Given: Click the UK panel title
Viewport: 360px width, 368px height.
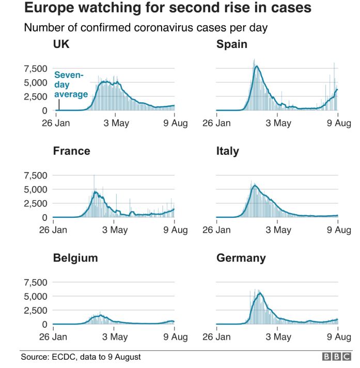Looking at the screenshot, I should point(61,44).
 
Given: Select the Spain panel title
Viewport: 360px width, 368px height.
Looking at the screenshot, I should point(232,44).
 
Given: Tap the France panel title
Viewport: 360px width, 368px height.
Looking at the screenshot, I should point(72,151).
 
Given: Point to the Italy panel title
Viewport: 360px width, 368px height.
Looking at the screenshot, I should point(228,151).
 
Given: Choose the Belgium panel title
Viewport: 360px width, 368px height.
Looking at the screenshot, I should point(75,258).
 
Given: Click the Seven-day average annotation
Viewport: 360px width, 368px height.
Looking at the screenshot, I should point(71,85).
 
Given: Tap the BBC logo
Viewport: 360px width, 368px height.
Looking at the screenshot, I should point(337,357).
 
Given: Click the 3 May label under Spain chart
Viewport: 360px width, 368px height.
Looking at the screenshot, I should point(278,123).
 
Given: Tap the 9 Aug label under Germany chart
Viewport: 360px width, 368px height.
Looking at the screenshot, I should point(339,337).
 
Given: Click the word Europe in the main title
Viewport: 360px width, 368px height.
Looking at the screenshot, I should point(48,8).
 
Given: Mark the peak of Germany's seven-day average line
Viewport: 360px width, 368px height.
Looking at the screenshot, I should point(260,293).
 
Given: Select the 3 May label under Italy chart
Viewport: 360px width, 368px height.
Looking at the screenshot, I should point(278,230).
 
